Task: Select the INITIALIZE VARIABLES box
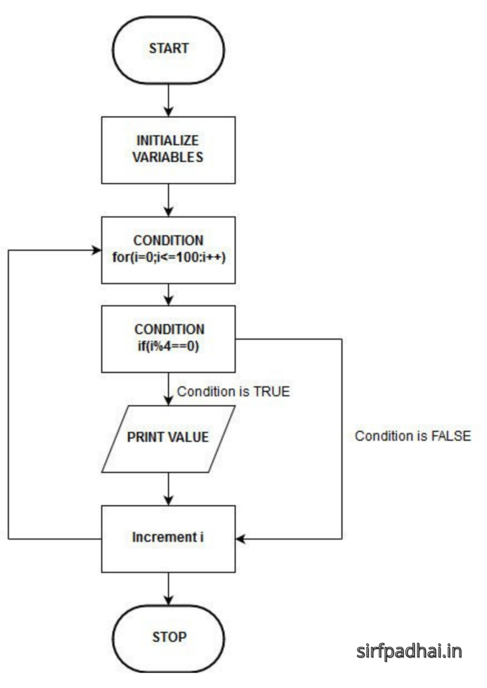(x=169, y=150)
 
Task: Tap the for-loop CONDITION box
(x=169, y=249)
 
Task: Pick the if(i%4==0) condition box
(x=169, y=339)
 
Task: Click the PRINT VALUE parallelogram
(x=169, y=438)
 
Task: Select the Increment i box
(x=169, y=538)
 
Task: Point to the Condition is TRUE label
(x=233, y=392)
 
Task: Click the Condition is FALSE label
(x=413, y=436)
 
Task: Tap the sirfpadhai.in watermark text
(x=409, y=651)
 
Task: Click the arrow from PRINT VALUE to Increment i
(x=169, y=488)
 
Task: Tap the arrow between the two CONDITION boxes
(x=169, y=294)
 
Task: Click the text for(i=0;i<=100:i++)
(x=169, y=258)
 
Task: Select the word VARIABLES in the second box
(x=169, y=158)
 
